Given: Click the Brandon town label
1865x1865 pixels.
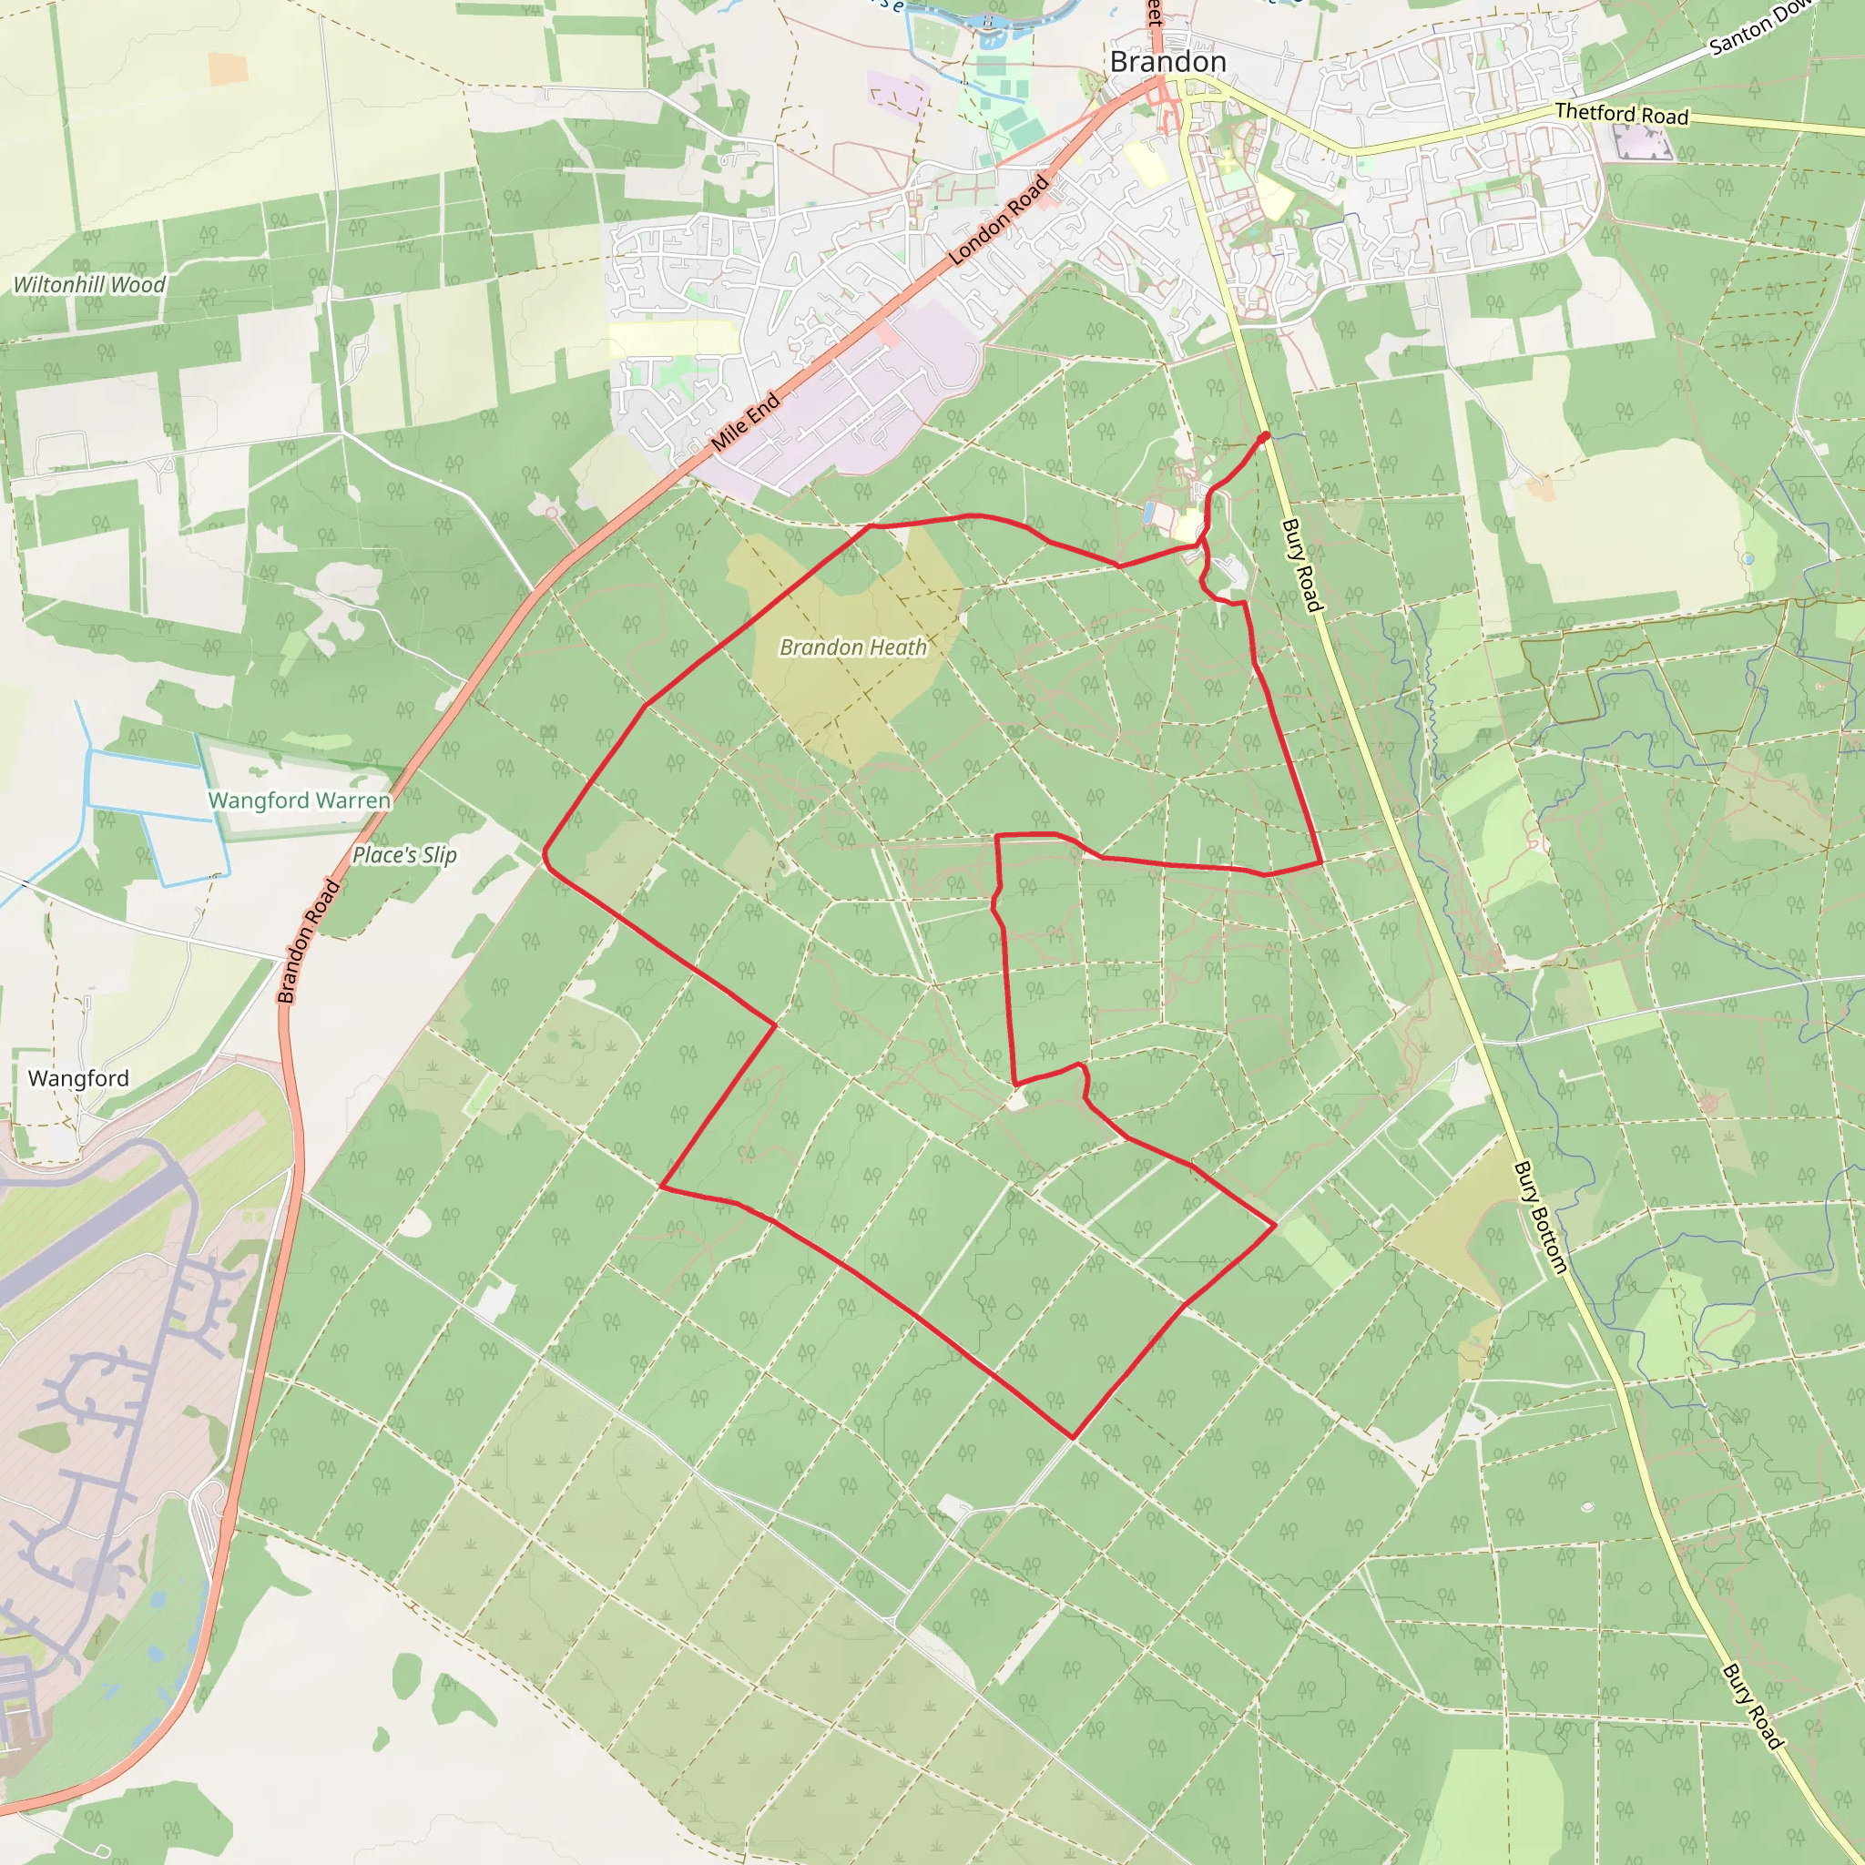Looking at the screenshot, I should point(1167,62).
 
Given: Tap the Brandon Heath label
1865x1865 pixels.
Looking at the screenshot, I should point(852,647).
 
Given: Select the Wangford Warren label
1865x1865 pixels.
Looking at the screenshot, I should point(300,800).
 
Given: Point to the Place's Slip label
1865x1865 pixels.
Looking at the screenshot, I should point(403,854).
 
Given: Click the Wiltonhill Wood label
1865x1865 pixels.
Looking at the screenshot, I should point(89,285).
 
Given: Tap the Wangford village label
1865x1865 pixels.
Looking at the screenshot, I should point(78,1078).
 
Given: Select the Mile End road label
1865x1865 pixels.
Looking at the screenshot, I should point(745,422).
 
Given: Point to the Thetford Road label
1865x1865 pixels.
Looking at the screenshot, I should point(1621,114).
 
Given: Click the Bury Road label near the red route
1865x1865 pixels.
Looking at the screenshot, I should point(1300,565).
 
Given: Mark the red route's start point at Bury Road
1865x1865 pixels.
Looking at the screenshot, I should point(1265,437).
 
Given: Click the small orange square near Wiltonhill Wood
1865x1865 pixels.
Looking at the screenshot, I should point(228,67).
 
